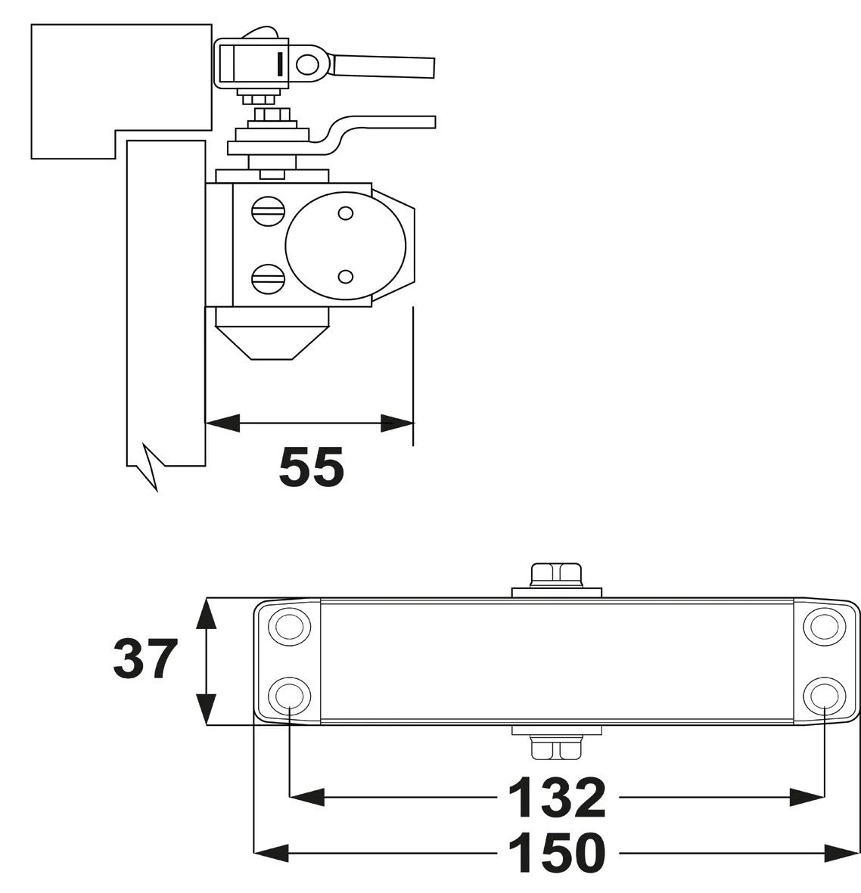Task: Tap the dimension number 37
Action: tap(145, 659)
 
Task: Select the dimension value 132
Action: tap(557, 797)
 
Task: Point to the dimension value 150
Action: tap(557, 854)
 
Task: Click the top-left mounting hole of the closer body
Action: tap(289, 626)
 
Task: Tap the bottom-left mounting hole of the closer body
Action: tap(289, 693)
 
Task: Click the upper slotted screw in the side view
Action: tap(269, 211)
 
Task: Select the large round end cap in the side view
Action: tap(345, 244)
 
